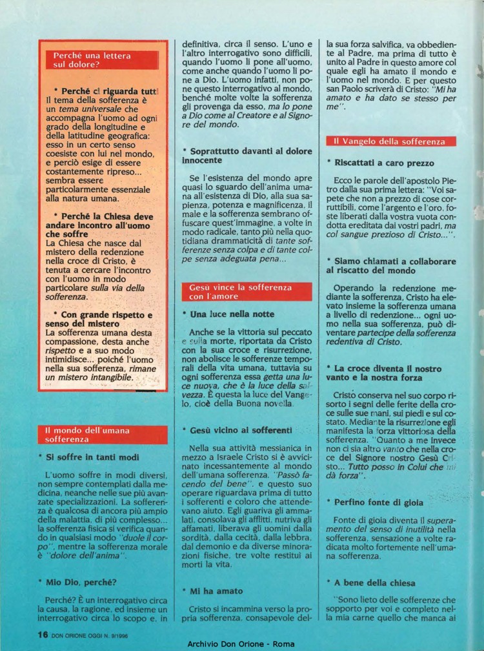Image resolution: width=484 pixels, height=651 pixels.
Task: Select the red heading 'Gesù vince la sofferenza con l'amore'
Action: (x=241, y=291)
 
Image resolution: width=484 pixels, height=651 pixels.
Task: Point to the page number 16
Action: (x=43, y=634)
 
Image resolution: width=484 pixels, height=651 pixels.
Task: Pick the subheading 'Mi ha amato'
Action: (x=216, y=590)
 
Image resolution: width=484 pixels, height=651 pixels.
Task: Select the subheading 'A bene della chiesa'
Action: (x=374, y=583)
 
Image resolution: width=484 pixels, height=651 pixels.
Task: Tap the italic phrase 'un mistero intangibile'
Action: (x=91, y=377)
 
